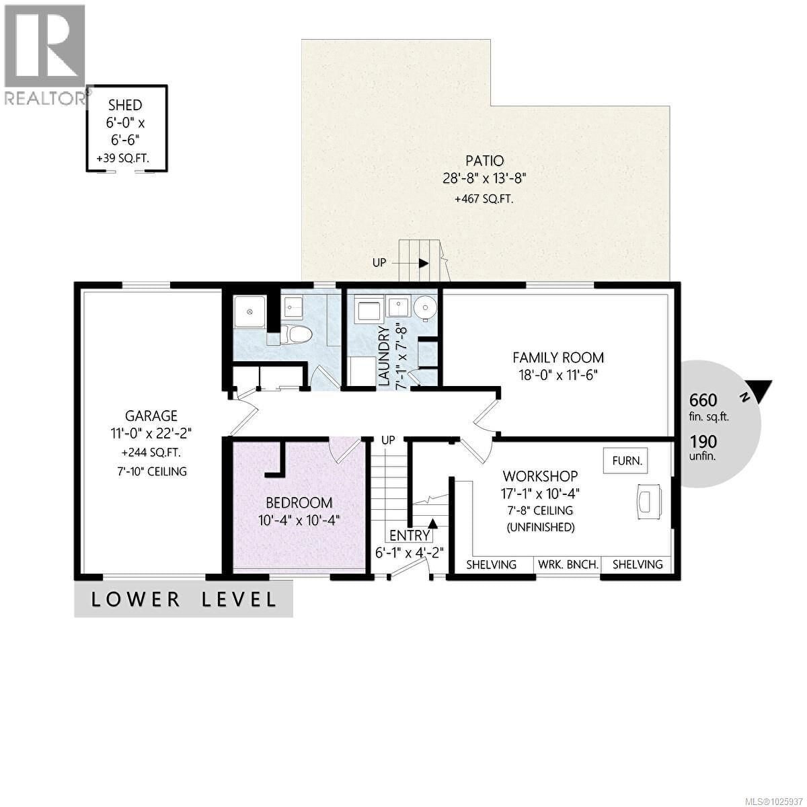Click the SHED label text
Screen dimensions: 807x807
tap(126, 105)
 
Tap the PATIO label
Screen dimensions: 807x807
tap(485, 161)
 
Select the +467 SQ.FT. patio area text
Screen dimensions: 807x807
tap(485, 199)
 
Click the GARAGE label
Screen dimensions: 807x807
tap(151, 416)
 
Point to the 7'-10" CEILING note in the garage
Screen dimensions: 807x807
tap(151, 471)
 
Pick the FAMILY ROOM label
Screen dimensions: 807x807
tap(558, 357)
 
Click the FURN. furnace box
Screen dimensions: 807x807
tap(627, 461)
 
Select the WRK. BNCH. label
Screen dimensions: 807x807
tap(568, 564)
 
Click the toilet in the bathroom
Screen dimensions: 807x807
tap(296, 334)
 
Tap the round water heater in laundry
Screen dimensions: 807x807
tap(424, 308)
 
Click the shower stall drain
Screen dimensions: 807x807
tap(249, 311)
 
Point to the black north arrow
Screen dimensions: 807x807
tap(763, 391)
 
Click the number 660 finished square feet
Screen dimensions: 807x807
tap(703, 400)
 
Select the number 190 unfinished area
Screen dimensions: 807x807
tap(703, 442)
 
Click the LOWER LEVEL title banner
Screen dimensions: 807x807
tap(184, 599)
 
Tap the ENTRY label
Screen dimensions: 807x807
tap(410, 535)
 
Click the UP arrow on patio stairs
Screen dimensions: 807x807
tap(423, 262)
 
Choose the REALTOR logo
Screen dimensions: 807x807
tap(44, 54)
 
